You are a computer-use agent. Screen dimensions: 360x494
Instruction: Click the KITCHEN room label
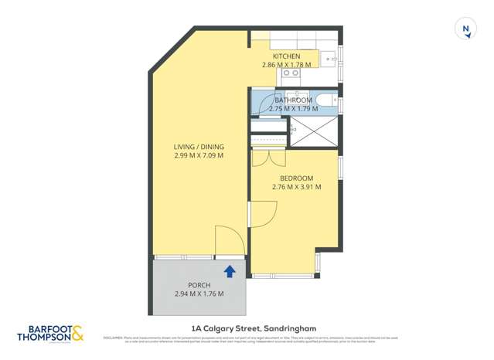(286, 56)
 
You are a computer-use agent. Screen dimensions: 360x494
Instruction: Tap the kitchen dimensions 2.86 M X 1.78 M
(286, 65)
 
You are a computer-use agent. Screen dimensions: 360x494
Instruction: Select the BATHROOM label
(294, 100)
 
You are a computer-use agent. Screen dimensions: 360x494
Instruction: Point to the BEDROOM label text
(296, 177)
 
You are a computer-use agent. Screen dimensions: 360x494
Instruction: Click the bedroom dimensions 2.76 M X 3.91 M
(296, 186)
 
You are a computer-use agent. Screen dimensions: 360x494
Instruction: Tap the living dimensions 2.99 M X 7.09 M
(199, 155)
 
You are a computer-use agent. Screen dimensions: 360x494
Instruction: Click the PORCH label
(199, 285)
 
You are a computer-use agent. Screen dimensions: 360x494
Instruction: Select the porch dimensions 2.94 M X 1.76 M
(199, 294)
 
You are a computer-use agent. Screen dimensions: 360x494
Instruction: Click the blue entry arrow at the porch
(230, 271)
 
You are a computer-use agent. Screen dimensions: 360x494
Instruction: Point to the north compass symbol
(465, 29)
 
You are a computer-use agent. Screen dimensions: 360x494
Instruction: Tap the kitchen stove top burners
(291, 73)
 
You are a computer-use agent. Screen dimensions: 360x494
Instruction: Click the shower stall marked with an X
(313, 133)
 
